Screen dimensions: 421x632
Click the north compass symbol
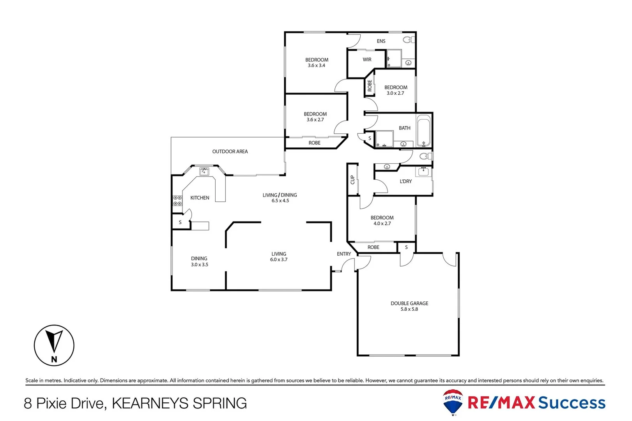[x=54, y=345]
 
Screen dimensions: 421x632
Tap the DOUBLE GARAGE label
[x=409, y=303]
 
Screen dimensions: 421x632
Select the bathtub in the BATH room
[x=423, y=131]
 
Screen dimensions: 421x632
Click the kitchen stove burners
[x=177, y=201]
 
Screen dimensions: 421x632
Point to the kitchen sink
[x=204, y=172]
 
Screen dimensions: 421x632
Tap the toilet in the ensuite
[x=409, y=40]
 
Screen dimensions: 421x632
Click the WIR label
[x=367, y=60]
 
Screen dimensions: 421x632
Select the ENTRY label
[x=343, y=254]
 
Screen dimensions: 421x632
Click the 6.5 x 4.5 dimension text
[x=280, y=201]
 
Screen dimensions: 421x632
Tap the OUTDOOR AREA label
[x=230, y=152]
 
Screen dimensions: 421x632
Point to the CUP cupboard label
[x=352, y=180]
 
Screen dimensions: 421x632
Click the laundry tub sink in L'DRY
[x=423, y=172]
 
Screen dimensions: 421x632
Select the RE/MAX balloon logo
[x=453, y=402]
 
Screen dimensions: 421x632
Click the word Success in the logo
[x=572, y=403]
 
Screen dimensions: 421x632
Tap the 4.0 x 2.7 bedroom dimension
[x=382, y=223]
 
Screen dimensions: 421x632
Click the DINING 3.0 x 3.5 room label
[x=199, y=261]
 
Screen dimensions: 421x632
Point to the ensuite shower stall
[x=394, y=58]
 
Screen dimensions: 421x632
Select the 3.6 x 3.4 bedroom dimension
[x=316, y=65]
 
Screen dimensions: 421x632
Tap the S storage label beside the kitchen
[x=180, y=222]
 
